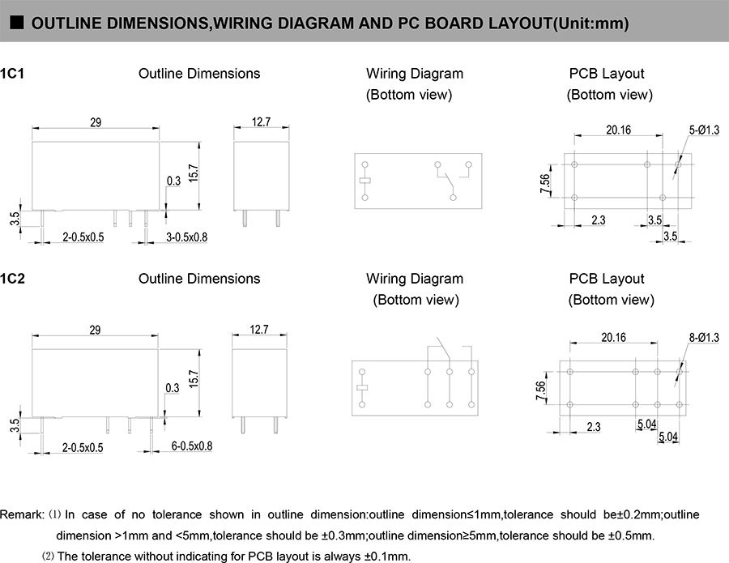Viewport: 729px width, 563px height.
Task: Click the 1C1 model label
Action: coord(13,74)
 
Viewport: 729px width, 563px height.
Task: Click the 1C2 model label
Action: coord(13,279)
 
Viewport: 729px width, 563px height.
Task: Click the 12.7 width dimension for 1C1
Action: coord(261,122)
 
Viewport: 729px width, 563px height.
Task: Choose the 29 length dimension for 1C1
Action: coord(95,122)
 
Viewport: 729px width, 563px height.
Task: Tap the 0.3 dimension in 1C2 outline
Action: coord(172,388)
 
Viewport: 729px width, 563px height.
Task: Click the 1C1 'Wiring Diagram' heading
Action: coord(415,74)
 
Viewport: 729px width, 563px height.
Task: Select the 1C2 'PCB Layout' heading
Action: coord(607,279)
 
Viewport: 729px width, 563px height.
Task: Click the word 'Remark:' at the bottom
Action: coord(23,514)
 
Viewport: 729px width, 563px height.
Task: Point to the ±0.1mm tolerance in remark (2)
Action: coord(386,556)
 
